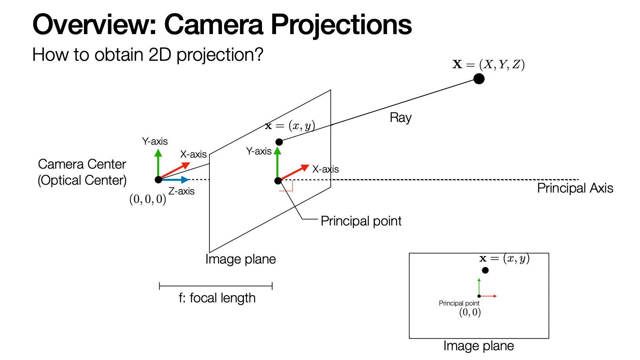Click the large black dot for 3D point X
(479, 79)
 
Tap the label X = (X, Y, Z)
(488, 64)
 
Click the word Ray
(400, 118)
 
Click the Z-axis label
(181, 191)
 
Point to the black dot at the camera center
(158, 180)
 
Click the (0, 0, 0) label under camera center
(147, 199)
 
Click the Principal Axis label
(575, 188)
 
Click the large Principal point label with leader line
(361, 221)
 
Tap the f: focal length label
(217, 298)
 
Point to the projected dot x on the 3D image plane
(279, 142)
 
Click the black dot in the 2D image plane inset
(485, 270)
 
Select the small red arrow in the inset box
(489, 296)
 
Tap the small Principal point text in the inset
(459, 303)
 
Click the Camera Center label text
(82, 164)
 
